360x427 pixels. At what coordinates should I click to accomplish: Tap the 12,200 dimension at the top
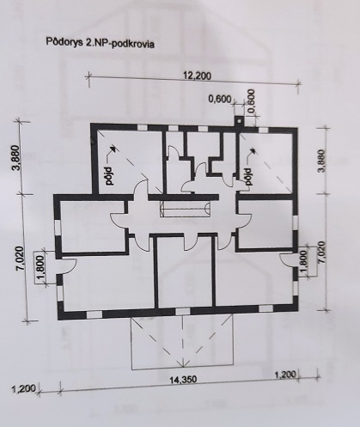click(x=198, y=76)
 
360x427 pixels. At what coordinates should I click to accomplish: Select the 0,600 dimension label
click(x=221, y=100)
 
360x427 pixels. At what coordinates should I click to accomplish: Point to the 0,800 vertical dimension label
click(x=251, y=98)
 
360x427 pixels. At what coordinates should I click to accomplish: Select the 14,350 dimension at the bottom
click(x=180, y=375)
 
